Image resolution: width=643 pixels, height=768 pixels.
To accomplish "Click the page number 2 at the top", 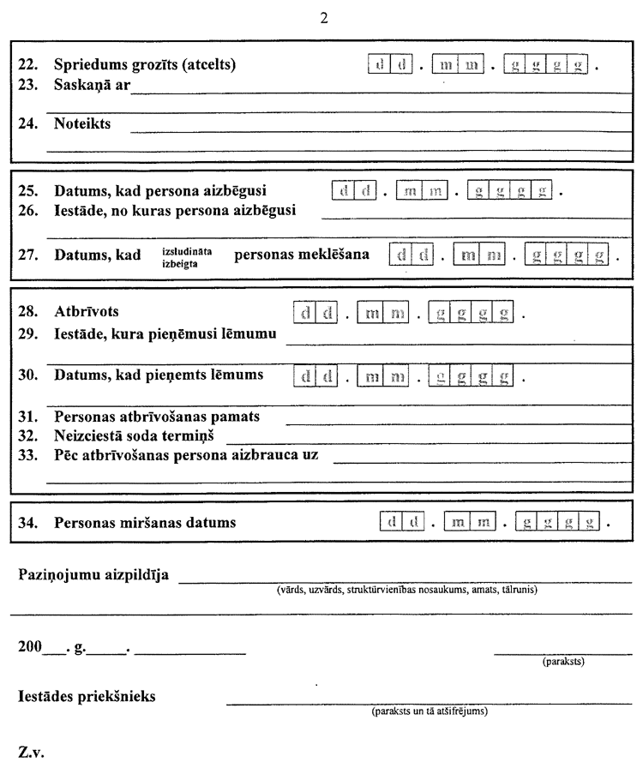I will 323,17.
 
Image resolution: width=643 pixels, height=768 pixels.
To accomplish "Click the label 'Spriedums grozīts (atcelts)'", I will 144,64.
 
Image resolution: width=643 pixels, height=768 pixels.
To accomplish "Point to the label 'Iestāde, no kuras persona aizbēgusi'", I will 175,211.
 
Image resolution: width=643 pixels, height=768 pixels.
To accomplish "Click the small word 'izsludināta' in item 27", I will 187,250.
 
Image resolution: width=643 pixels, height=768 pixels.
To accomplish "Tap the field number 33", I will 27,454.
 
